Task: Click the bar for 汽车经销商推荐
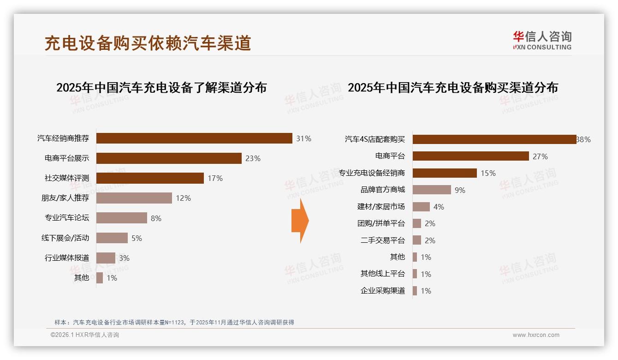pos(194,138)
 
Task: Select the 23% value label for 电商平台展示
pos(253,158)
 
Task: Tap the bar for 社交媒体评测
pos(150,178)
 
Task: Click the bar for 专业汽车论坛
pos(122,218)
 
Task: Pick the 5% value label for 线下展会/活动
pos(137,238)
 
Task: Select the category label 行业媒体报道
pos(67,258)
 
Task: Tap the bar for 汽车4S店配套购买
pos(494,139)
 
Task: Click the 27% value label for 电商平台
pos(540,156)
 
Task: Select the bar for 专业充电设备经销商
pos(445,173)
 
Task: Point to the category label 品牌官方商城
pos(382,190)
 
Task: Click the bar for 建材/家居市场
pos(421,207)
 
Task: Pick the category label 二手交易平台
pos(382,240)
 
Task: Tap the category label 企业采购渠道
pos(382,291)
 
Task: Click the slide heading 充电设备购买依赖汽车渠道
pos(148,43)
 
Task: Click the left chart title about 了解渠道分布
pos(161,88)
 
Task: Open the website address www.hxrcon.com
pos(536,335)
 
